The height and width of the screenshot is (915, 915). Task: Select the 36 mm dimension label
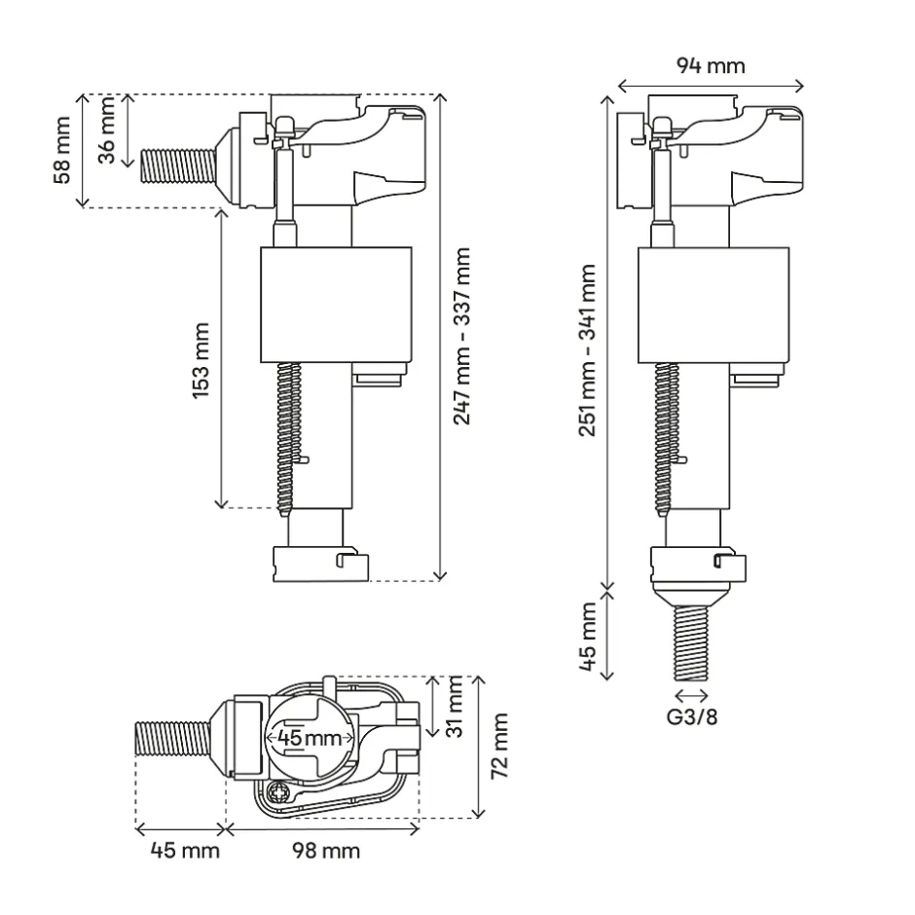click(108, 129)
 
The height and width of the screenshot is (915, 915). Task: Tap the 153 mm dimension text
click(201, 355)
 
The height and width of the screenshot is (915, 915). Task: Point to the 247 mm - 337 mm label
click(462, 335)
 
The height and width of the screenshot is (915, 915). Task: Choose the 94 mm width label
click(711, 66)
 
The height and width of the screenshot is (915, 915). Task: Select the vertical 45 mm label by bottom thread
click(587, 638)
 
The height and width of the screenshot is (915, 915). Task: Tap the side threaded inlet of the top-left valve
click(175, 165)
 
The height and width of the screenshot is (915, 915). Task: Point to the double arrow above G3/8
click(691, 694)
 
